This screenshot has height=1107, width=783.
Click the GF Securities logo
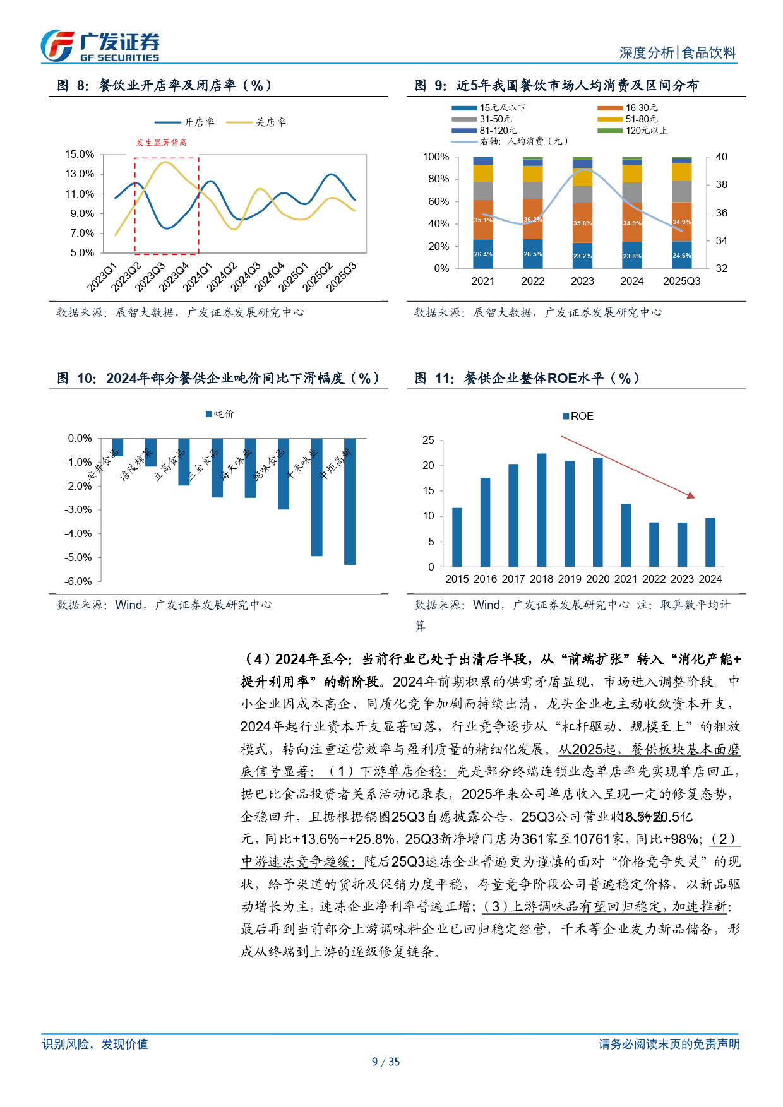coord(100,46)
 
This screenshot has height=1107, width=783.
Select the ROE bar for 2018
coord(541,509)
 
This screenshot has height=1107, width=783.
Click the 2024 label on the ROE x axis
coord(710,579)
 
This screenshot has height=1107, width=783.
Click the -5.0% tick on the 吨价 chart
coord(78,557)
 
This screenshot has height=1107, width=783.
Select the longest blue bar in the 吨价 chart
coord(349,501)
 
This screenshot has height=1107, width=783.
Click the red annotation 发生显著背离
coord(161,143)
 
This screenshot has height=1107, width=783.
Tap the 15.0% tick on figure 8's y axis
coord(80,155)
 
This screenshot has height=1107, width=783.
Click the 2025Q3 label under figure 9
coord(681,281)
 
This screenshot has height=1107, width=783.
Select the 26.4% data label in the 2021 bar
coord(483,254)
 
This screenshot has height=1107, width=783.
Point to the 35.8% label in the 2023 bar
coord(582,223)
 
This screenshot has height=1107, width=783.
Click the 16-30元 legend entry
coord(628,108)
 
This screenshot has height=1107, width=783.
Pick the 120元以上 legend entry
coord(632,131)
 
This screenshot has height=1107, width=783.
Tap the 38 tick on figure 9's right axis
coord(721,185)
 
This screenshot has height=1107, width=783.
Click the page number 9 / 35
coord(386,1062)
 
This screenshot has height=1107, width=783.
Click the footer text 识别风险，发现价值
coord(95,1044)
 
